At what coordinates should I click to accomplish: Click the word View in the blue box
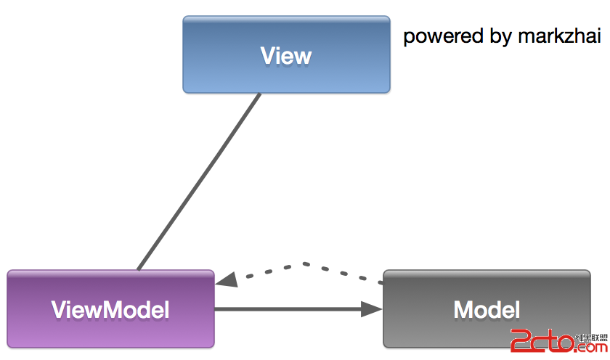[286, 56]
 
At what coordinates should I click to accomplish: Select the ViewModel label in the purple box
[110, 310]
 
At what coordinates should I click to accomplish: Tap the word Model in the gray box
[487, 310]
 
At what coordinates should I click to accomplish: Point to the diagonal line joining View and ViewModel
[198, 181]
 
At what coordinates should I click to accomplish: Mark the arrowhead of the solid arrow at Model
[373, 309]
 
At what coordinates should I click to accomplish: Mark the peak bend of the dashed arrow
[304, 263]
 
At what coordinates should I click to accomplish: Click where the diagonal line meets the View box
[259, 94]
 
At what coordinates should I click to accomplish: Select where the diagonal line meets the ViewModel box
[138, 269]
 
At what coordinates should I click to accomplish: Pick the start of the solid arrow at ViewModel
[217, 309]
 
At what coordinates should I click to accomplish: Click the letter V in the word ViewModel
[59, 310]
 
